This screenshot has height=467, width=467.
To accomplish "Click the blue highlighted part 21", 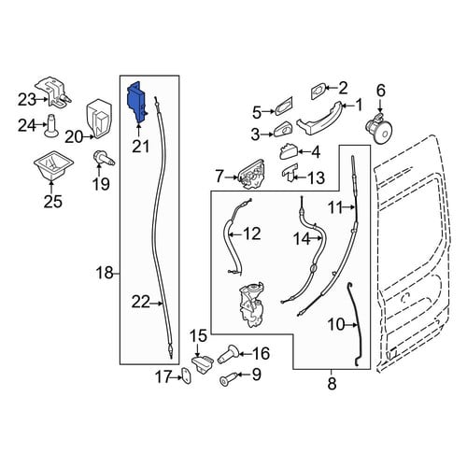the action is point(135,101).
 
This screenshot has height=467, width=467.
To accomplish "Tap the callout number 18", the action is point(105,273).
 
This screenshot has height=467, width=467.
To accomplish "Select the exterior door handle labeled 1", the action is point(319,120).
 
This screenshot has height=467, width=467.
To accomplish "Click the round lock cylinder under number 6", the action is point(378,129).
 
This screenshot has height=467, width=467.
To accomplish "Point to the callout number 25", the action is point(53,201).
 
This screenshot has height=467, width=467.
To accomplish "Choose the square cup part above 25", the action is point(53,166).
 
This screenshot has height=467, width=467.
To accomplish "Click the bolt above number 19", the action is point(104,158).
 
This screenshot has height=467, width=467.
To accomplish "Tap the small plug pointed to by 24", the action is point(51,126).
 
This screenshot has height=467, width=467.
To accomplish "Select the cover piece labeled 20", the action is point(98,119).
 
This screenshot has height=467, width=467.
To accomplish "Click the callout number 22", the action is point(141,303).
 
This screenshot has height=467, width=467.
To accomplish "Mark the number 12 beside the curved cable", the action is point(251,233).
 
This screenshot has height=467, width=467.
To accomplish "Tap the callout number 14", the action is point(302,239).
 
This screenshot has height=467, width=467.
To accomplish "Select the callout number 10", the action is point(336,325).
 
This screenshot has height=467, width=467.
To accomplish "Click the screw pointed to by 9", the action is point(228,378).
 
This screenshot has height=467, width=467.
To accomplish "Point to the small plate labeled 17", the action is point(187,376).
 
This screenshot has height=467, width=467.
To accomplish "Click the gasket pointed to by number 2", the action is point(318,92).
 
